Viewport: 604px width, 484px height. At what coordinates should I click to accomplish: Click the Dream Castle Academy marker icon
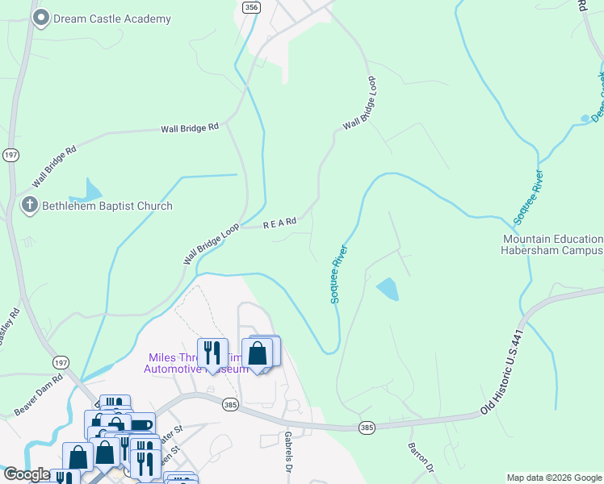click(40, 18)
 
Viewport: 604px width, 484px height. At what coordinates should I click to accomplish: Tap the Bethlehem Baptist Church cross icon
click(29, 205)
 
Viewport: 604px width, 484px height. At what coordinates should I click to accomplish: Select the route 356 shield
click(251, 6)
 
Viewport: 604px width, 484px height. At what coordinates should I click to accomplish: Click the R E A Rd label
click(280, 223)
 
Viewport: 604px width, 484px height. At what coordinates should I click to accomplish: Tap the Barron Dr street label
click(422, 457)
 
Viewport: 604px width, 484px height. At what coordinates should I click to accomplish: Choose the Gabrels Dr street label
click(288, 452)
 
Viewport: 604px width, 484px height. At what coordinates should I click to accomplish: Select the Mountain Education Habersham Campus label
click(552, 245)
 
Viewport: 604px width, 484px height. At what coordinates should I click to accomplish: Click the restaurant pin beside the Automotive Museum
click(212, 353)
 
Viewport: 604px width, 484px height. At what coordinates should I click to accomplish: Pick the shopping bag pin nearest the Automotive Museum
click(258, 353)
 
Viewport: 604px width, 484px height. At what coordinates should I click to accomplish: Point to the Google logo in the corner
click(26, 474)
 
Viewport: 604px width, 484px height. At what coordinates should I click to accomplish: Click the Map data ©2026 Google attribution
click(553, 478)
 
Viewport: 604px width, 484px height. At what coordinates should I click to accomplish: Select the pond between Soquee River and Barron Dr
click(388, 289)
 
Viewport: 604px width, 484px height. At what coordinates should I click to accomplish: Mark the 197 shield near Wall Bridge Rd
click(10, 155)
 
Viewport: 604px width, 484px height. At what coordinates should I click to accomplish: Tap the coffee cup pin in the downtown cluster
click(141, 426)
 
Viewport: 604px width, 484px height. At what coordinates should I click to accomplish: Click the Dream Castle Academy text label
click(112, 19)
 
